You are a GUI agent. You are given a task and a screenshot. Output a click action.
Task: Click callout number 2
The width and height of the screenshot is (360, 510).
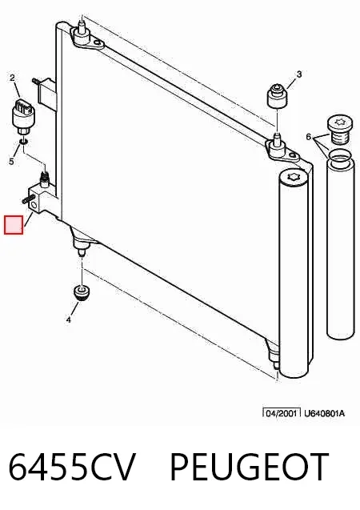tap(12, 78)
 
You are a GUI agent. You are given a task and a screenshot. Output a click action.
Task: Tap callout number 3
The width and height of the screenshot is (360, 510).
tap(299, 74)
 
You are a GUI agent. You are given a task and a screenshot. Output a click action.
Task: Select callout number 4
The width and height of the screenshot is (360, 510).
tap(68, 320)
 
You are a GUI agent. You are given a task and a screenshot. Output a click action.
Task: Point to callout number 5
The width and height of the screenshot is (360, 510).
tap(12, 162)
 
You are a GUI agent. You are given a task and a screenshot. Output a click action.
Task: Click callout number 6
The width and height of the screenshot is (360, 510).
tap(309, 137)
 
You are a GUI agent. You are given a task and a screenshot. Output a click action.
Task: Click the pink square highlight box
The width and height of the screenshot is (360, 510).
tap(14, 225)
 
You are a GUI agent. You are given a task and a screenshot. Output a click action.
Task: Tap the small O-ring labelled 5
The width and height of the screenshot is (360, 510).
tap(23, 142)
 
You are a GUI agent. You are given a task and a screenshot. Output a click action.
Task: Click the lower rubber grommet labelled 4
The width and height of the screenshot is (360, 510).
tap(82, 293)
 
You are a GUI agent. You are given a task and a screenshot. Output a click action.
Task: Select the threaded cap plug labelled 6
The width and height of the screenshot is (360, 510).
tap(338, 131)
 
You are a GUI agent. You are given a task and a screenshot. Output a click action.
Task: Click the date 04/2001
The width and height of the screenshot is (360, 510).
tap(282, 413)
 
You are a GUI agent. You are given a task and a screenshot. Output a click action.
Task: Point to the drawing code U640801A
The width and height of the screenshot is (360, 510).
tap(324, 413)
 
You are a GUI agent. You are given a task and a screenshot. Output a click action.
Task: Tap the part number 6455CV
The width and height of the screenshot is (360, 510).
tap(71, 467)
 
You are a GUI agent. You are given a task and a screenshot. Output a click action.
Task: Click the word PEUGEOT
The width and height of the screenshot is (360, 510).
tap(250, 467)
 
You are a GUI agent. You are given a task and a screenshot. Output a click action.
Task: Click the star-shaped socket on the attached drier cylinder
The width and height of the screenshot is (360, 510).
tap(293, 178)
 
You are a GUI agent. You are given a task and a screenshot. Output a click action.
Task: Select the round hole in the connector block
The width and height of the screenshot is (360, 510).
tap(34, 204)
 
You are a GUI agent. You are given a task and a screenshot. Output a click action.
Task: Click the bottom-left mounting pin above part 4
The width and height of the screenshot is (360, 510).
tap(82, 251)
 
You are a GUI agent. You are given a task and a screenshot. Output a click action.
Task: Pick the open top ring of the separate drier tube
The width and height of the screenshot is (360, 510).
tap(339, 159)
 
